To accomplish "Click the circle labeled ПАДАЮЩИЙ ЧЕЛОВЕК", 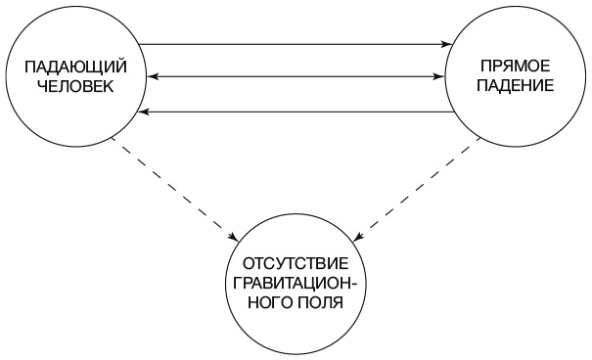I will (x=74, y=76).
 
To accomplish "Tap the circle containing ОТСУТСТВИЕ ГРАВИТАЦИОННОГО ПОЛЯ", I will (x=295, y=283).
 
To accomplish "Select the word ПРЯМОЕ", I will (x=515, y=67).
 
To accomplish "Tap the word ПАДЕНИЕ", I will (x=515, y=86).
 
